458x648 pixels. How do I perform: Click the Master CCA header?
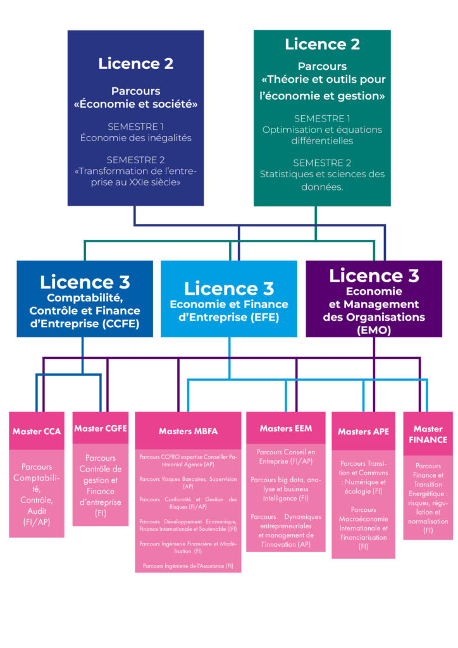coord(37,431)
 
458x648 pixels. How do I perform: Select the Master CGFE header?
coord(101,428)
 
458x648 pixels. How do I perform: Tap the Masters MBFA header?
coord(188,431)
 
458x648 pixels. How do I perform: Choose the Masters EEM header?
coord(285,428)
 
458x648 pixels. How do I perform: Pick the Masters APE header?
coord(363,432)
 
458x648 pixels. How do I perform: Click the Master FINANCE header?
coord(428,434)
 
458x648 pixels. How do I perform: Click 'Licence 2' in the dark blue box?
coord(135,63)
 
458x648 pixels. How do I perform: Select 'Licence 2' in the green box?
coord(322,44)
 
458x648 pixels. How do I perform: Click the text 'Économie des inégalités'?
coord(135,138)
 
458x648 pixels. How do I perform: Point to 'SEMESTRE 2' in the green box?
coord(322,163)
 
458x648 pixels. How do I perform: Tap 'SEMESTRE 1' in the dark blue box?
coord(135,127)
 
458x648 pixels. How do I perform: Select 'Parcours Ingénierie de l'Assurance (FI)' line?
coord(188,565)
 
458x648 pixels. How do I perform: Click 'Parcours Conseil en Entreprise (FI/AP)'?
coord(285,457)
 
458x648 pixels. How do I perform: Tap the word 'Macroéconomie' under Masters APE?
coord(363,519)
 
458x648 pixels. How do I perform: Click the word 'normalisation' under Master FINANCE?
coord(428,521)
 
